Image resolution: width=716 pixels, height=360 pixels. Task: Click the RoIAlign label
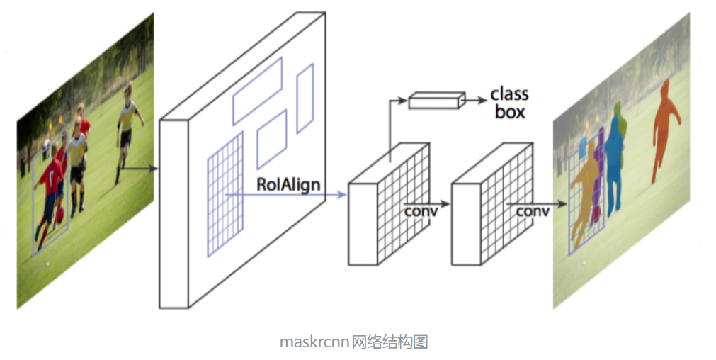coord(288,185)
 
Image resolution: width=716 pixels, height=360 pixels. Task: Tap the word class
coord(509,94)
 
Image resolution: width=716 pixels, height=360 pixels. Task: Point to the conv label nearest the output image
coord(533,212)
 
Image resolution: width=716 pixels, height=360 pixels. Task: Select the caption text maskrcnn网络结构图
coord(353,342)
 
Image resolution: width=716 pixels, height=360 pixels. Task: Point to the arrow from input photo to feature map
coord(139,169)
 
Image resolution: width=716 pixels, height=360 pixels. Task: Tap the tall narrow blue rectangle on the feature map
coord(305,98)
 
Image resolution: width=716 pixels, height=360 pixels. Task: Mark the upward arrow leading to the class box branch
coord(390,128)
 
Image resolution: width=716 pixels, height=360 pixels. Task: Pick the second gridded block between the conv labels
coord(489,206)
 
